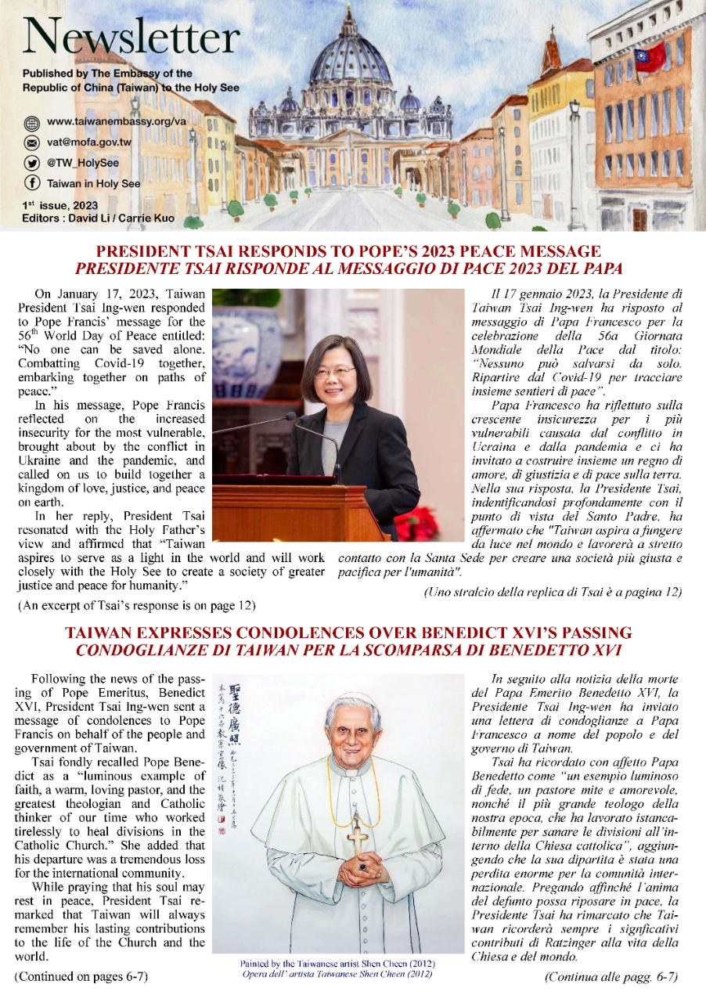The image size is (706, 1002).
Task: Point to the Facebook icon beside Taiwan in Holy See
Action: coord(32,184)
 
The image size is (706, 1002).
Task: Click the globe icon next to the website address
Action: coord(32,123)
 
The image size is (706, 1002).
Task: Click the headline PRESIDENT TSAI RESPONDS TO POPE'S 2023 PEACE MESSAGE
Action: coord(348,252)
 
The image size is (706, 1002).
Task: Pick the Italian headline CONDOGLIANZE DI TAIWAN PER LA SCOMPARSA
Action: coord(348,649)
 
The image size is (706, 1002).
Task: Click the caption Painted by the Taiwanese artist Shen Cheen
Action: coord(338,962)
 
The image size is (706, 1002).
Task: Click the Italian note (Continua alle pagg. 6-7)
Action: coord(611,976)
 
